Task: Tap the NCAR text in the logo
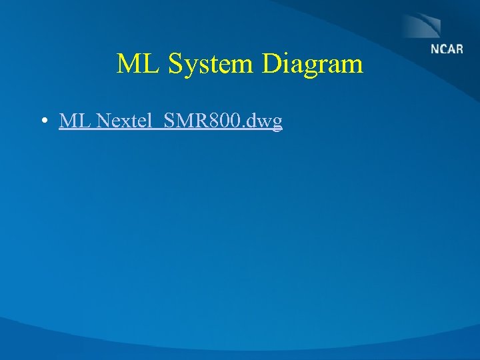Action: pyautogui.click(x=447, y=49)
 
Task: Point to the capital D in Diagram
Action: pyautogui.click(x=273, y=65)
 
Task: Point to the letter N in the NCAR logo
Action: pyautogui.click(x=435, y=49)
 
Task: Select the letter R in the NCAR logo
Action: pyautogui.click(x=459, y=49)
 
